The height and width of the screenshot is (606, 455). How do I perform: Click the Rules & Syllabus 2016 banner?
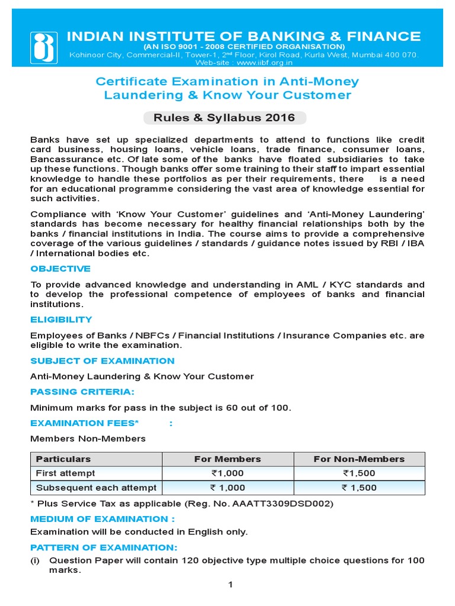pyautogui.click(x=225, y=118)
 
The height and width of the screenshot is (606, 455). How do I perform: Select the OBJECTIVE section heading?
pyautogui.click(x=60, y=269)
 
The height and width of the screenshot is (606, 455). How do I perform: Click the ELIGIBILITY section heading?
pyautogui.click(x=61, y=320)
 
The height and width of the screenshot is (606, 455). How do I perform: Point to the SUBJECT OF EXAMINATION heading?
pyautogui.click(x=102, y=361)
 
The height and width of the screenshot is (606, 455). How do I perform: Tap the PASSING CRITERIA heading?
pyautogui.click(x=82, y=392)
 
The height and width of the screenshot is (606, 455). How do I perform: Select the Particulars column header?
pyautogui.click(x=63, y=459)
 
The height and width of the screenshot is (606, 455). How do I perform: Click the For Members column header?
pyautogui.click(x=227, y=459)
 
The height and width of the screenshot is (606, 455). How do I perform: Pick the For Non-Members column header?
pyautogui.click(x=359, y=459)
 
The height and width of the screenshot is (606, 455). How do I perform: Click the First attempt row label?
pyautogui.click(x=65, y=473)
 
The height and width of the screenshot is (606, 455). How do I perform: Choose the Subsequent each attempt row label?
pyautogui.click(x=96, y=488)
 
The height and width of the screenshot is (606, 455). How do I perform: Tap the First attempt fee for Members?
pyautogui.click(x=227, y=473)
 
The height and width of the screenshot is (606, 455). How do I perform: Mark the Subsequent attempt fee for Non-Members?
pyautogui.click(x=359, y=488)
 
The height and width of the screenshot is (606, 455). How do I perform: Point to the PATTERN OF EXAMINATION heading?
pyautogui.click(x=104, y=547)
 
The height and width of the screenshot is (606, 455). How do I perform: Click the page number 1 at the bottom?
pyautogui.click(x=231, y=585)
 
